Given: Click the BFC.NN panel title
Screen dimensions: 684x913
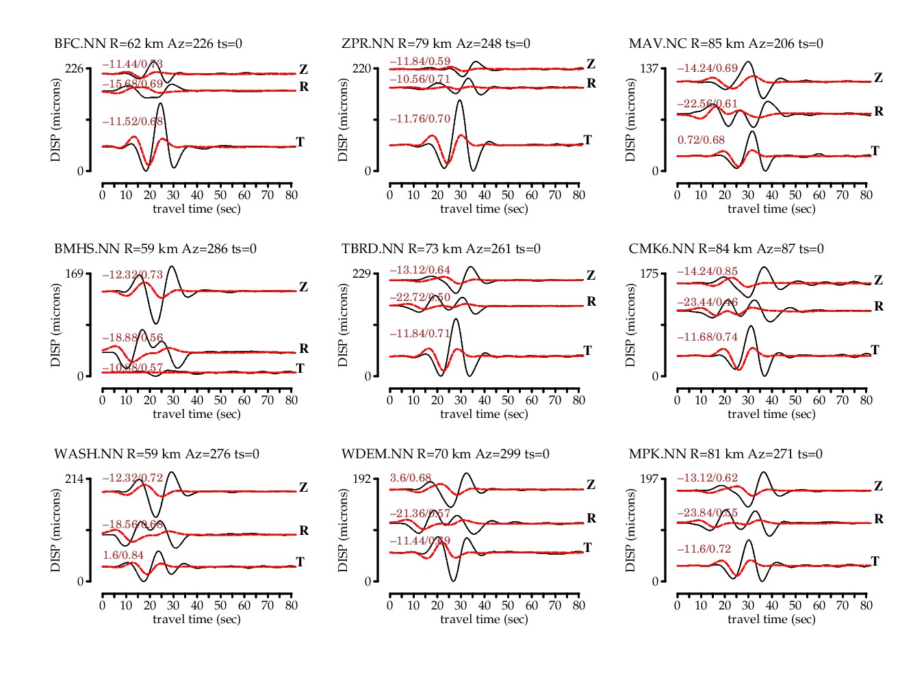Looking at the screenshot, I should pos(148,44).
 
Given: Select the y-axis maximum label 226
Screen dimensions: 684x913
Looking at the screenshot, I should pos(74,68).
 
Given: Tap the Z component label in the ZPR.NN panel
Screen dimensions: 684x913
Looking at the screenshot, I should pos(591,64).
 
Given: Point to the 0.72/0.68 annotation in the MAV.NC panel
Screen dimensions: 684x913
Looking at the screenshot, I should pos(701,140).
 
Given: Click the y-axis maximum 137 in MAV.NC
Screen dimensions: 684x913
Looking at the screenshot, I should pos(649,68).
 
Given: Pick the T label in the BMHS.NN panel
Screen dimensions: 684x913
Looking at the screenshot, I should pos(300,369).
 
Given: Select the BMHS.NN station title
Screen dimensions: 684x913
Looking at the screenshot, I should pos(155,249).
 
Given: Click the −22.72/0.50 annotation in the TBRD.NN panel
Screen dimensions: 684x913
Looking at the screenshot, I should pos(420,298).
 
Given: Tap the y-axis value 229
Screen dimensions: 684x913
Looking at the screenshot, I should pos(361,274).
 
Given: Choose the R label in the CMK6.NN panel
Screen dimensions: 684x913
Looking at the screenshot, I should pos(879,306).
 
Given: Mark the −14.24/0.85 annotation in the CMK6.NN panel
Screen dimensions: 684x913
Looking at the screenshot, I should pos(708,272).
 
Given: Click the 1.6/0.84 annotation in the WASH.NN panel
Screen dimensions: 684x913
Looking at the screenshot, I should pos(123,555).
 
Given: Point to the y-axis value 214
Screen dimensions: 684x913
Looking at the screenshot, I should pos(74,479).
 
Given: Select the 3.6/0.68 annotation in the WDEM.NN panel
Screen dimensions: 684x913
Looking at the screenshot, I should pos(411,478).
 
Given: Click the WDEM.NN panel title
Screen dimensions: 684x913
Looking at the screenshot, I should pos(446,454).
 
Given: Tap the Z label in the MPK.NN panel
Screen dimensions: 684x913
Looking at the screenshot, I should pos(878,486).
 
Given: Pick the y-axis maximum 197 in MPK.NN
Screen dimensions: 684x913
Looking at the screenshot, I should pos(649,479).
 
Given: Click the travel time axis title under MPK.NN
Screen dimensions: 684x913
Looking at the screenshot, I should pos(771,619).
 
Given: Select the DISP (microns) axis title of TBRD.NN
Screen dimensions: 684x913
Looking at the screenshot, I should pos(343,325).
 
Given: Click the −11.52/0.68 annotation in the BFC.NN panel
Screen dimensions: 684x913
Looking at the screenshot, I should pos(133,122).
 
